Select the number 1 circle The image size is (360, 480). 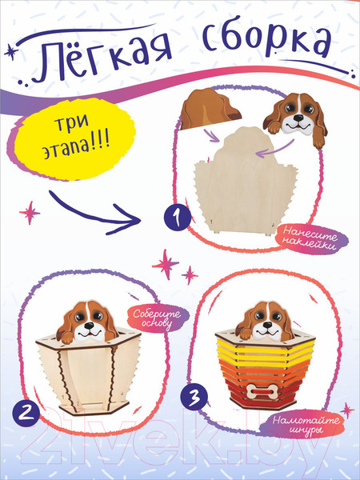pos(177,217)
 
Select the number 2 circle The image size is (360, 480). pos(26,413)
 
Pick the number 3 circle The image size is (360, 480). pos(194,397)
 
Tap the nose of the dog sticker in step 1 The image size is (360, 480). pos(298,118)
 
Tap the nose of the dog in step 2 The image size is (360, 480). pos(89,326)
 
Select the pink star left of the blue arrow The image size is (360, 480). pos(30,213)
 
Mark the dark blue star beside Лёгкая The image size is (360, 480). pos(11,52)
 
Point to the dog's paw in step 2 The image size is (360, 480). pos(67,337)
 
